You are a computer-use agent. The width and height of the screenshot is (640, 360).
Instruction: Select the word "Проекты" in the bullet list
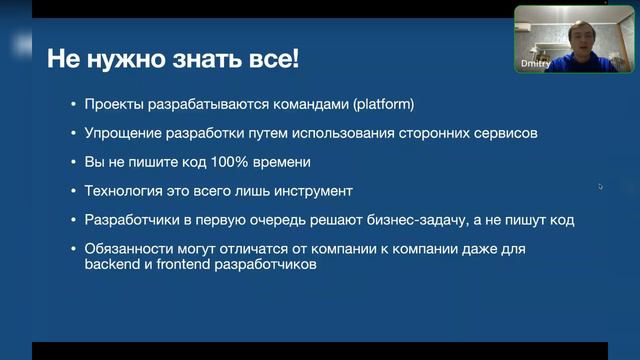click(115, 104)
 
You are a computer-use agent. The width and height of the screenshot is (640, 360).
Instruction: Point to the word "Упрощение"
click(124, 133)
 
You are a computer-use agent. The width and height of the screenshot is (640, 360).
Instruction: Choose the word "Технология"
click(125, 190)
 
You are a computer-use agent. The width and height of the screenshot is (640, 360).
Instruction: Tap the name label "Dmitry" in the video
click(536, 63)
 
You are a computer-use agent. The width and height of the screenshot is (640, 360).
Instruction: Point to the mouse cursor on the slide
click(600, 186)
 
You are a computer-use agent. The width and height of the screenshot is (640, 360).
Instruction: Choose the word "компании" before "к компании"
click(385, 248)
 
